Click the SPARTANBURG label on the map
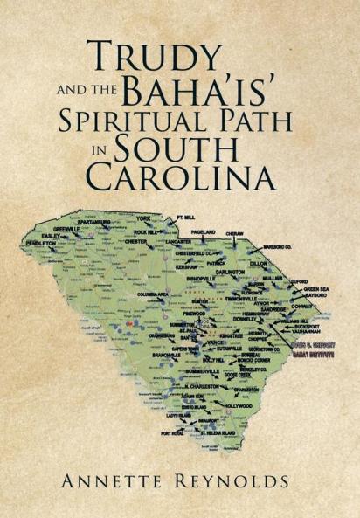point(90,223)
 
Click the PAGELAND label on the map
point(203,231)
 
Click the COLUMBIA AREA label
point(141,294)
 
